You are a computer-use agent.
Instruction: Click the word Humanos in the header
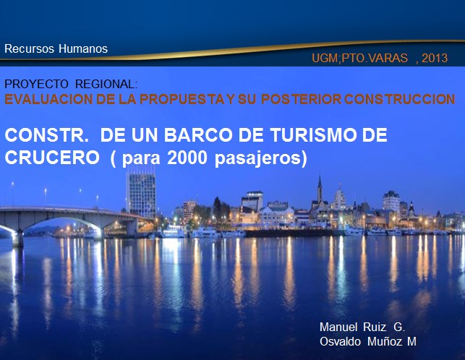(x=83, y=48)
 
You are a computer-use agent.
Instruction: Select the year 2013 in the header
(x=435, y=58)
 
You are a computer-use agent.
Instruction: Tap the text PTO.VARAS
(x=375, y=58)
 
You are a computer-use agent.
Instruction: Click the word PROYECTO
(x=36, y=85)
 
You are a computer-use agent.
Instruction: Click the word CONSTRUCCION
(x=399, y=99)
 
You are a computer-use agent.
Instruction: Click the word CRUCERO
(x=52, y=158)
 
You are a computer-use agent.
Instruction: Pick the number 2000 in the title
(x=187, y=158)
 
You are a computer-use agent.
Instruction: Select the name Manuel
(x=338, y=327)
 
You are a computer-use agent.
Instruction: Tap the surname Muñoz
(x=385, y=342)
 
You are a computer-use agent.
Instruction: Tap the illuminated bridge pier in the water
(x=17, y=238)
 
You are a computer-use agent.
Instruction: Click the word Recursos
(x=29, y=48)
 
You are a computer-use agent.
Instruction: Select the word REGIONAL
(x=106, y=85)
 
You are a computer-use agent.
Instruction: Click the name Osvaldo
(x=340, y=342)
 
